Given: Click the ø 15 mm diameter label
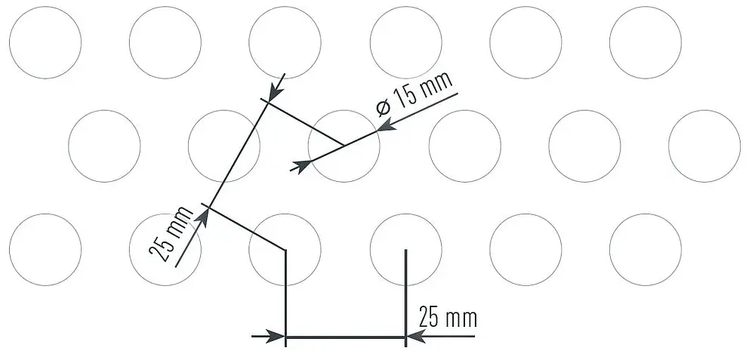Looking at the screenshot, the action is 415,94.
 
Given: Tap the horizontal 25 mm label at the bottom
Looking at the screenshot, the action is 448,317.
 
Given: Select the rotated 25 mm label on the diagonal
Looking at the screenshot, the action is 171,233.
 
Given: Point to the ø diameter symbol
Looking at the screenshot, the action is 384,109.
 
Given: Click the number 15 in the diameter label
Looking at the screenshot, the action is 404,97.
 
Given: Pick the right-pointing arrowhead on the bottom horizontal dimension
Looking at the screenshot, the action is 276,336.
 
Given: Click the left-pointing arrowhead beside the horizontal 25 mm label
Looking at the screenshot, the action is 415,336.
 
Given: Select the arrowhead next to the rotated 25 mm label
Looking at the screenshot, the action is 202,217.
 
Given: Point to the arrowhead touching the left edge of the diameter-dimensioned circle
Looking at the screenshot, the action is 301,166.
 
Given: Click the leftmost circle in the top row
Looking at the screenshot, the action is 45,42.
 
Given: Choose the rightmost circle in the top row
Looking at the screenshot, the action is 646,42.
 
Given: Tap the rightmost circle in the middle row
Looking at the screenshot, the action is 704,146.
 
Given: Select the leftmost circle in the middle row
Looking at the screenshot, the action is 105,146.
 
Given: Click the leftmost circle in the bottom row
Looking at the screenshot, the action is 45,250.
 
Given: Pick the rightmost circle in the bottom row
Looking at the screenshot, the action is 646,250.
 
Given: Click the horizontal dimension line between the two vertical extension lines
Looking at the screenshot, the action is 345,337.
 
